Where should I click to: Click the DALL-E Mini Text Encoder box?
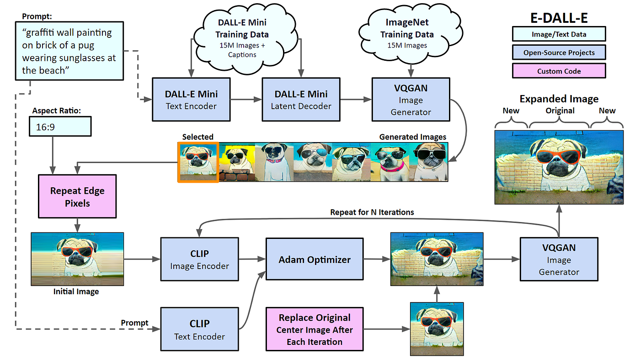[x=191, y=99]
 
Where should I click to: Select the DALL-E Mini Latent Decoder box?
[x=301, y=99]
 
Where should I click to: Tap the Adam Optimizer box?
[x=315, y=260]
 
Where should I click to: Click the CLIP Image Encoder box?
[x=199, y=259]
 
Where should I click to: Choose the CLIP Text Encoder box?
[x=199, y=330]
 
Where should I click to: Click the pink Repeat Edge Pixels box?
[x=77, y=197]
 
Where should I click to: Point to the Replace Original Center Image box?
[x=315, y=329]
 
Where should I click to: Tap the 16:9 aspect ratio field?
[x=60, y=127]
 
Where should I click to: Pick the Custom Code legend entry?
[x=559, y=71]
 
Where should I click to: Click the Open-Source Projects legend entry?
[x=559, y=53]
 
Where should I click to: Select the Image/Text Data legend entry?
[x=559, y=34]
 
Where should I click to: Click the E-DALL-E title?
[x=559, y=17]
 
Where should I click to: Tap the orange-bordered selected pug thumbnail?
[x=198, y=162]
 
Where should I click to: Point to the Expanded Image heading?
[x=559, y=99]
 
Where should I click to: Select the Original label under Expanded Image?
[x=560, y=111]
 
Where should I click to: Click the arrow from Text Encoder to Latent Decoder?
[x=246, y=99]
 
